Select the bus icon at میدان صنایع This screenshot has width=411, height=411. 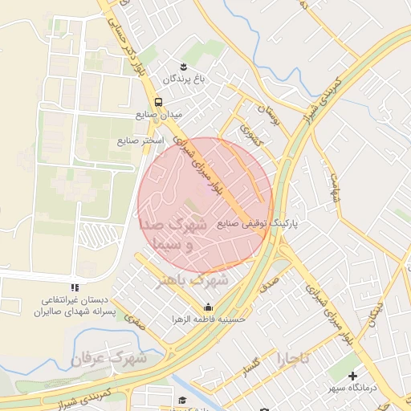point(158,103)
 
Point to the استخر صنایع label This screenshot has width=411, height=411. point(140,140)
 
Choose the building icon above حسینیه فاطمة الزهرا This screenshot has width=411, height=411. point(209,307)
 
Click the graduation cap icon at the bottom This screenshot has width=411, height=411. point(182,399)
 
